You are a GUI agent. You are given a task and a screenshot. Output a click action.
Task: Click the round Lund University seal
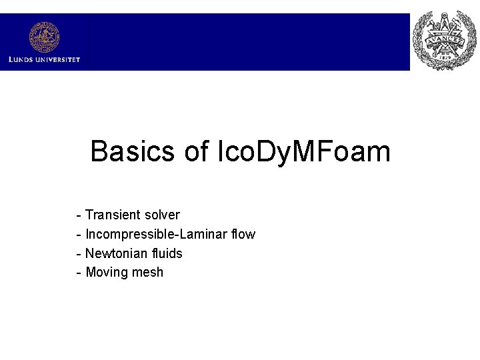[44, 37]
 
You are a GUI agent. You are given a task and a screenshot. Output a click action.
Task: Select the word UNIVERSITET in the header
[58, 59]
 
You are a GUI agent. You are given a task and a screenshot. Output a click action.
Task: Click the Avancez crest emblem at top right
[443, 41]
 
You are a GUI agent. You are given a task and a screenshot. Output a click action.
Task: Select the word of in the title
[196, 151]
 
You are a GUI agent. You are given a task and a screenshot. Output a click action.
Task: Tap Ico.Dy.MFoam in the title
[304, 151]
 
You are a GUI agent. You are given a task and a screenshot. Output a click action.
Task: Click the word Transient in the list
[111, 215]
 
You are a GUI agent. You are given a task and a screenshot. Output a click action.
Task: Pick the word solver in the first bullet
[160, 215]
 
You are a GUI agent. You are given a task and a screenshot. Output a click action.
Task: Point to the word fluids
[167, 253]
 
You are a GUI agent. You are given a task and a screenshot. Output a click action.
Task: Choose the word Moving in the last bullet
[105, 272]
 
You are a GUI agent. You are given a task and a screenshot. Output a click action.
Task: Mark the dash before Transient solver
[79, 215]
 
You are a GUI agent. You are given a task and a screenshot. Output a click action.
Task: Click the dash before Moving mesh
[79, 273]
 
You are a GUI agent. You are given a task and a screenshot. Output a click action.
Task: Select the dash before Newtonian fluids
[79, 254]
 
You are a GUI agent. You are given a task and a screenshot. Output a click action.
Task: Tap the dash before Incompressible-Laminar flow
[79, 235]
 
